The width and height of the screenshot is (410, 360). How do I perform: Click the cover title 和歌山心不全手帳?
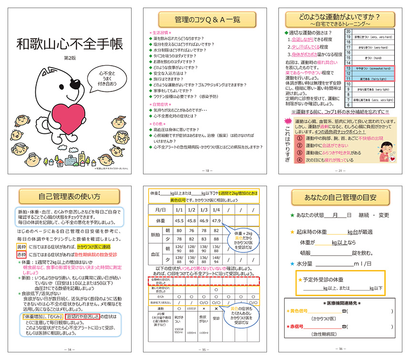coord(69,44)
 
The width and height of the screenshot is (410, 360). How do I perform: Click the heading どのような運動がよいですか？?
coord(339,18)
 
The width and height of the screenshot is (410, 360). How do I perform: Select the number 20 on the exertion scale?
coord(348,31)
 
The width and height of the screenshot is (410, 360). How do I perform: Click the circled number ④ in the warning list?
coord(299,160)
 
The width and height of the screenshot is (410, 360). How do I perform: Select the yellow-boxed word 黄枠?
coord(22,247)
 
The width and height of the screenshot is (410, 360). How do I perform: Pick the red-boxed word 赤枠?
coord(22,255)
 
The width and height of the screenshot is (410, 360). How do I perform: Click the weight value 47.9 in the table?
coord(215,220)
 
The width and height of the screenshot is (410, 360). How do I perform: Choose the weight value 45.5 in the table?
coord(179,220)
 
